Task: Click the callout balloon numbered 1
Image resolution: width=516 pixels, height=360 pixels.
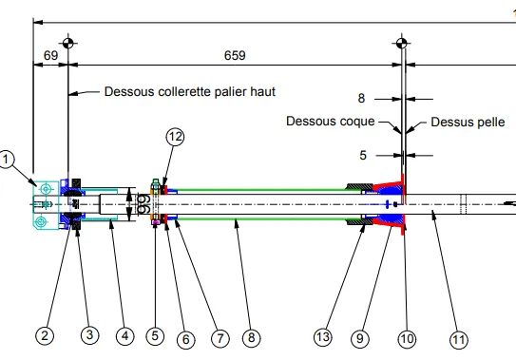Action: tap(6, 160)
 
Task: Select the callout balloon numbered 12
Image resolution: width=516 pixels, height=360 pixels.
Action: tap(175, 137)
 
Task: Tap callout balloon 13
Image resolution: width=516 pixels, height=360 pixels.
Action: tap(322, 337)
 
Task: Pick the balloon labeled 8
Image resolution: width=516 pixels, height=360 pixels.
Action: tap(252, 337)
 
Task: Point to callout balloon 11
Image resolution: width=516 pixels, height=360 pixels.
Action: tap(459, 339)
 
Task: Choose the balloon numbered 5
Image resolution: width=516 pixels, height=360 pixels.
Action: tap(155, 336)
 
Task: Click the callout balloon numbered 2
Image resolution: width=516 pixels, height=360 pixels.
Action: tap(45, 336)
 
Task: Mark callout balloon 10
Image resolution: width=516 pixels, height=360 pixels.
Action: tap(407, 338)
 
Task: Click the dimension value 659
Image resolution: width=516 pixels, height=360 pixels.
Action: tap(235, 55)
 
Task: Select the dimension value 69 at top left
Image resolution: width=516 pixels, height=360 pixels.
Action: tap(50, 55)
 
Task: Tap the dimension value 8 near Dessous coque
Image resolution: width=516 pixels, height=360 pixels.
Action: tap(361, 98)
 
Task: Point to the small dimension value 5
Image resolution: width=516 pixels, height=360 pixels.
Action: tap(363, 155)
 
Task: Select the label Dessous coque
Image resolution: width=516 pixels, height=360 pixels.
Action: tap(331, 121)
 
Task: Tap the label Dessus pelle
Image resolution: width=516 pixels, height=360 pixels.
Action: tap(468, 123)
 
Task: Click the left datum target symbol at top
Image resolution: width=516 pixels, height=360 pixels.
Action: tap(68, 43)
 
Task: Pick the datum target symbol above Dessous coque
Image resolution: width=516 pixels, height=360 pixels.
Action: tap(401, 43)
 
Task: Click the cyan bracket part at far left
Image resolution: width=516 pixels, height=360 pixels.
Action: tap(46, 204)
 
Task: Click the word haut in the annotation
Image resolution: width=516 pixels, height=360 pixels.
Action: tap(263, 91)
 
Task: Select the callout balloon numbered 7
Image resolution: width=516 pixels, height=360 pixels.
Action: tap(220, 338)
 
